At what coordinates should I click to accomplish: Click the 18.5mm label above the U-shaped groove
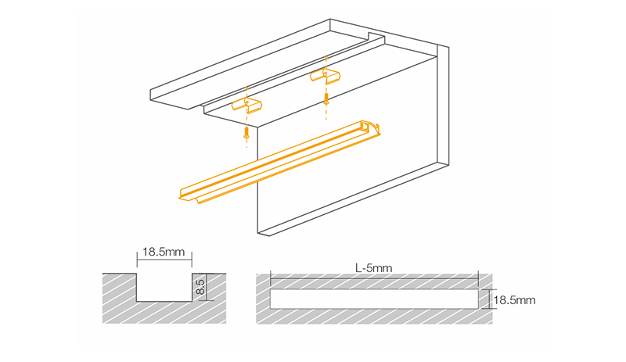[x=164, y=253]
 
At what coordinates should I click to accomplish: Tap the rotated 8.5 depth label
[x=200, y=286]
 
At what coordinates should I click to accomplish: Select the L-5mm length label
[x=373, y=267]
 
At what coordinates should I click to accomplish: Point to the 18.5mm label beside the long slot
[x=515, y=299]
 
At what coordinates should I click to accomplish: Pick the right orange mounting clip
[x=325, y=75]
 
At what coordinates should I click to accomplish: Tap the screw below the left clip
[x=246, y=134]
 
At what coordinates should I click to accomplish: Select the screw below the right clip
[x=326, y=100]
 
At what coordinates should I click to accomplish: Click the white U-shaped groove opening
[x=164, y=287]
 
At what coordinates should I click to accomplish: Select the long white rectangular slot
[x=373, y=299]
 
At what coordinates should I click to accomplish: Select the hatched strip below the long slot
[x=373, y=317]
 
